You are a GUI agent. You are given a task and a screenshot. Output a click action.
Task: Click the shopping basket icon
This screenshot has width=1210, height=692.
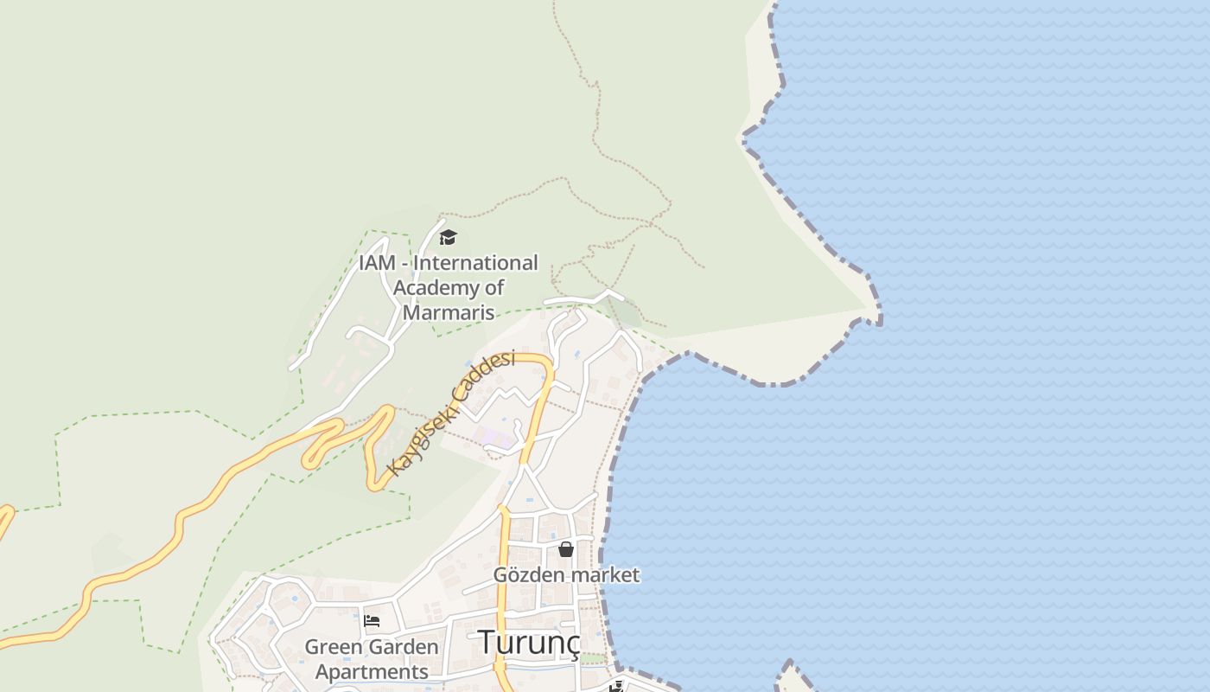tap(566, 549)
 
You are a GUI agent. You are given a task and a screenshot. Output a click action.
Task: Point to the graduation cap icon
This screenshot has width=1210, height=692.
tap(448, 237)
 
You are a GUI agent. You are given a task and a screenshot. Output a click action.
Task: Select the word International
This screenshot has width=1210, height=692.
tap(480, 262)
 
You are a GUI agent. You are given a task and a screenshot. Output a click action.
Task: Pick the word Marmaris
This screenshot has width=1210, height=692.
tap(449, 312)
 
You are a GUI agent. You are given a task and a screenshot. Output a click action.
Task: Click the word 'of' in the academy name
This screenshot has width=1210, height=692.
tap(494, 287)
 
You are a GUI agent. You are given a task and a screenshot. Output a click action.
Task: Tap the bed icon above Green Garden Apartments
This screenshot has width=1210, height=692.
tap(372, 620)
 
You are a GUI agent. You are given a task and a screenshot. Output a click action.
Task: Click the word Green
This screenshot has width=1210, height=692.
tap(334, 647)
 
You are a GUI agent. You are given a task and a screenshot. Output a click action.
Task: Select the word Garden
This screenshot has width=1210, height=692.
tap(404, 647)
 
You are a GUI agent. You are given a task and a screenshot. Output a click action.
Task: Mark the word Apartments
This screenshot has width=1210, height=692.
tap(372, 671)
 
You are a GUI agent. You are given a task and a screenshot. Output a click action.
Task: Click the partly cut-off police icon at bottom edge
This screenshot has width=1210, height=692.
tap(616, 687)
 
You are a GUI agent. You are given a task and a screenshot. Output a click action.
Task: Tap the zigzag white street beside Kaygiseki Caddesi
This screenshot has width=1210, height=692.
tap(510, 397)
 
